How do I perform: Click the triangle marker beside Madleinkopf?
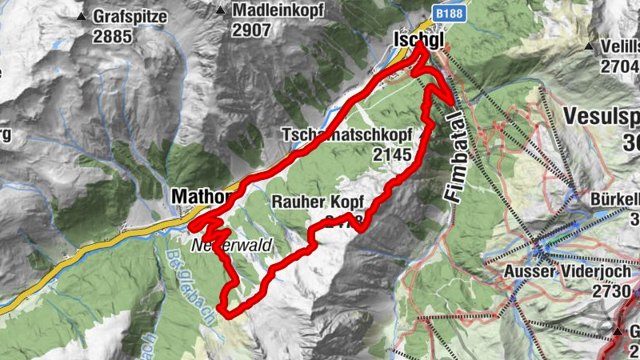[x=220, y=11]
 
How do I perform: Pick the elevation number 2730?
[x=612, y=291]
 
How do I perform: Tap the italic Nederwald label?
[x=232, y=245]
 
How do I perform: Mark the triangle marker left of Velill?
[x=590, y=46]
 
